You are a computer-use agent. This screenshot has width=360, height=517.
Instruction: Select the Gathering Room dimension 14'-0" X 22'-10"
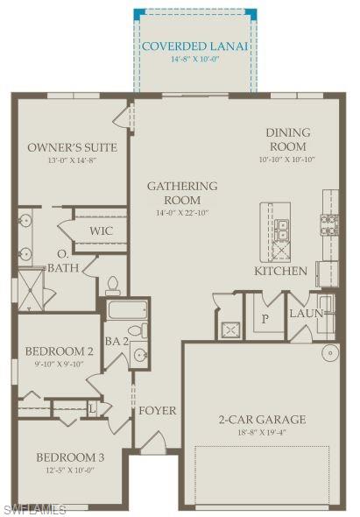pyautogui.click(x=182, y=213)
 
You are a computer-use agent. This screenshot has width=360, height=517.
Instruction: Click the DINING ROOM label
pyautogui.click(x=287, y=139)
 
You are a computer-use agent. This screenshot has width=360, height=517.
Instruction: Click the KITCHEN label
pyautogui.click(x=280, y=271)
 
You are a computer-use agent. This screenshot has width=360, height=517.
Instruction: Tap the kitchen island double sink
pyautogui.click(x=282, y=230)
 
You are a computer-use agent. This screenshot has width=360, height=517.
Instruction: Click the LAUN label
pyautogui.click(x=307, y=313)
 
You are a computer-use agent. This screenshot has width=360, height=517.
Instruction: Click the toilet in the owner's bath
pyautogui.click(x=112, y=284)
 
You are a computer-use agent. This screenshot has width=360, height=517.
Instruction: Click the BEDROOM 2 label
pyautogui.click(x=59, y=351)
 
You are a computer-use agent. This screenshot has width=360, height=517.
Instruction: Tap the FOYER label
pyautogui.click(x=157, y=410)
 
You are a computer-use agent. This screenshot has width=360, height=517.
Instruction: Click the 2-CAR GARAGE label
pyautogui.click(x=261, y=419)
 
